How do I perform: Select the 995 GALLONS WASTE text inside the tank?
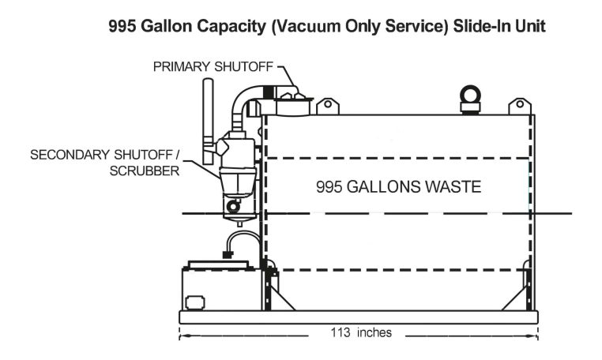(x=398, y=187)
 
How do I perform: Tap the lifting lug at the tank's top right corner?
(x=520, y=106)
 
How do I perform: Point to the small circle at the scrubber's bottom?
(x=231, y=208)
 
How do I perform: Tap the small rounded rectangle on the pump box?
(x=194, y=302)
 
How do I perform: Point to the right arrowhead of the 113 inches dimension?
(x=536, y=333)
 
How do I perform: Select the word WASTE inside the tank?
(x=450, y=187)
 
